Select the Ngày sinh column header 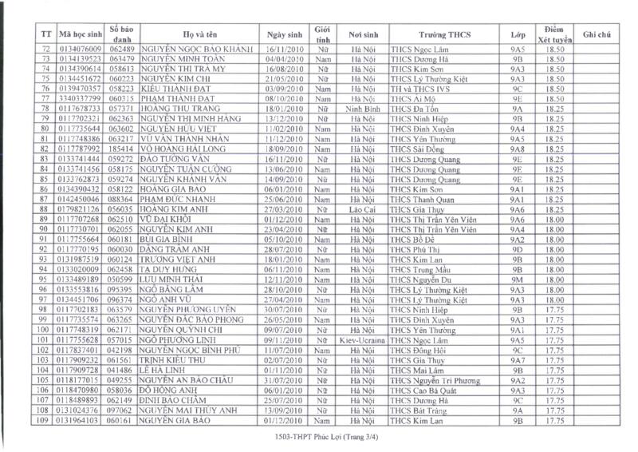pos(286,34)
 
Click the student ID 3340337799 pos(81,98)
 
